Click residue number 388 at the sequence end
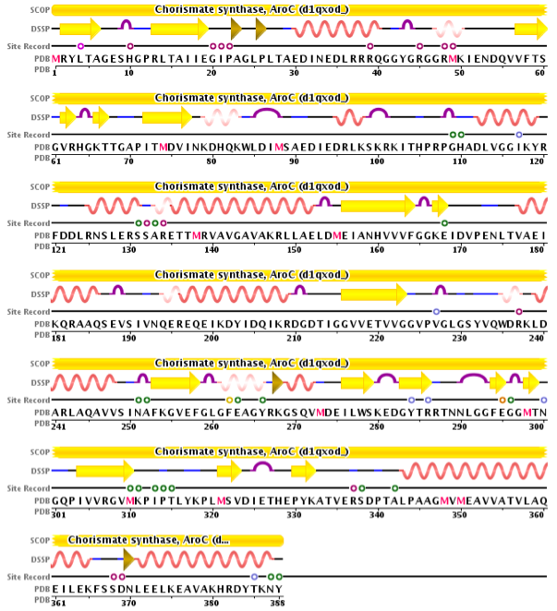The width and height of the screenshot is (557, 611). [x=278, y=602]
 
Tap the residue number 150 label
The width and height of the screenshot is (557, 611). [x=294, y=248]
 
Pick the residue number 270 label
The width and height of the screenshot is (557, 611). [x=294, y=425]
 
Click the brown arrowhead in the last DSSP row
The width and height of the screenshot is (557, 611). [x=129, y=558]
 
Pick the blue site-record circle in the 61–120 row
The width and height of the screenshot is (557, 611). [x=519, y=135]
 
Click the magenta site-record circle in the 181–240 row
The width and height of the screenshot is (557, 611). [x=519, y=311]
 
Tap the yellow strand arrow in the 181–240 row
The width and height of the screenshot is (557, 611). [x=373, y=294]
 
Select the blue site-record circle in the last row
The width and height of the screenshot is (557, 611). [x=254, y=576]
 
